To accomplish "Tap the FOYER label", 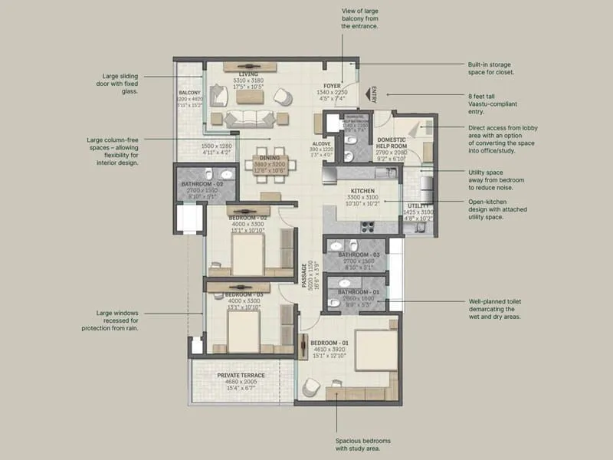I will (x=331, y=87).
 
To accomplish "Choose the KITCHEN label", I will (x=362, y=190).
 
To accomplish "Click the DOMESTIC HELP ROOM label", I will (x=395, y=145).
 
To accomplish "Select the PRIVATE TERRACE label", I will (x=241, y=375).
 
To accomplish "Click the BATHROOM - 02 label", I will (x=202, y=185).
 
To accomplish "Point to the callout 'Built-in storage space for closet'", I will (x=490, y=68).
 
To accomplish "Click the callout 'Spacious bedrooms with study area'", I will (x=362, y=444).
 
